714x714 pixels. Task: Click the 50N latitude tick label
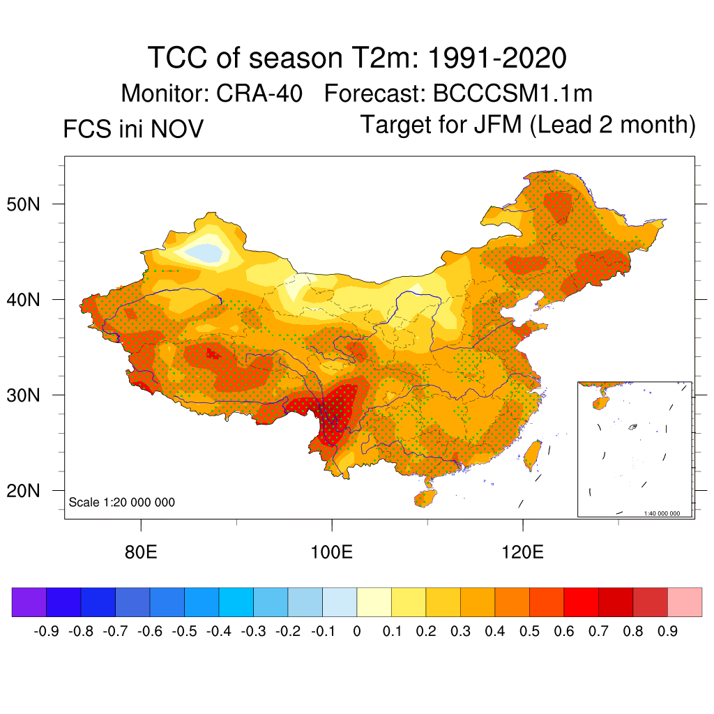pyautogui.click(x=31, y=204)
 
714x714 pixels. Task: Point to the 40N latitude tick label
pyautogui.click(x=31, y=300)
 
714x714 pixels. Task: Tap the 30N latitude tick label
pyautogui.click(x=31, y=395)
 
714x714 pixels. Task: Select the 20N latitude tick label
pyautogui.click(x=31, y=491)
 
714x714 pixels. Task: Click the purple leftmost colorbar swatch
pyautogui.click(x=29, y=602)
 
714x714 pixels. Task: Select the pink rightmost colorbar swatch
pyautogui.click(x=685, y=602)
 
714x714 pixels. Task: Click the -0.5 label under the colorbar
pyautogui.click(x=184, y=632)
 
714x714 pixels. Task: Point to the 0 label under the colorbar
pyautogui.click(x=357, y=632)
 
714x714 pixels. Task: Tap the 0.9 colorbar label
pyautogui.click(x=667, y=632)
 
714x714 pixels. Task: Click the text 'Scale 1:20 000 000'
pyautogui.click(x=122, y=502)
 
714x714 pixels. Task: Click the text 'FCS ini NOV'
pyautogui.click(x=133, y=129)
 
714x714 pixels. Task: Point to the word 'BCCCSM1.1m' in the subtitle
pyautogui.click(x=512, y=93)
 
